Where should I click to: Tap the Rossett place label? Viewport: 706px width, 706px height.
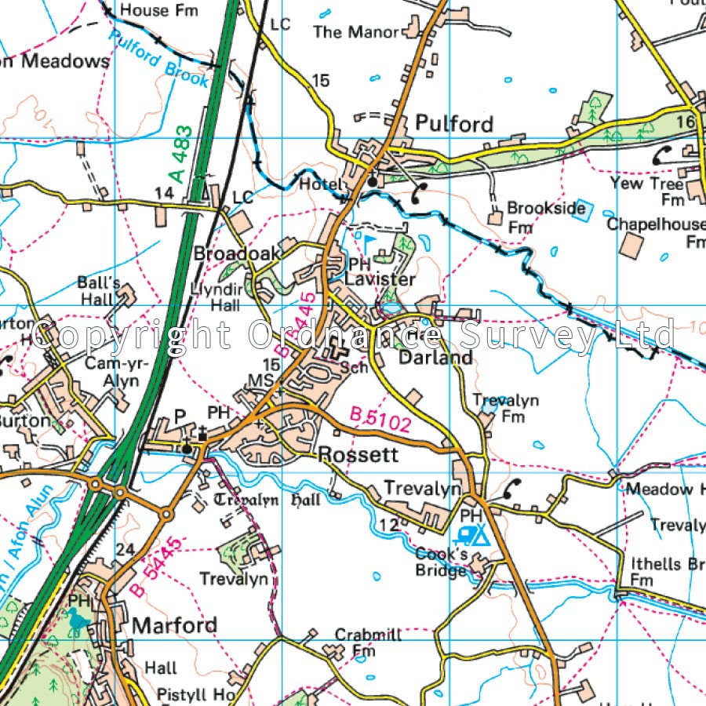coord(358,455)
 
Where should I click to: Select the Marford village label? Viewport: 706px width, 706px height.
coord(174,625)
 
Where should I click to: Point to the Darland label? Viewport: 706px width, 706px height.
coord(435,358)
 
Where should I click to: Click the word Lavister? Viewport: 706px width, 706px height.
coord(380,280)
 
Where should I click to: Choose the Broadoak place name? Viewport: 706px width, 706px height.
coord(226,254)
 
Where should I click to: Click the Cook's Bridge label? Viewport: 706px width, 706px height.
coord(441,562)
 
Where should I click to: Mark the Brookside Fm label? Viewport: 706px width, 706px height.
coord(545,217)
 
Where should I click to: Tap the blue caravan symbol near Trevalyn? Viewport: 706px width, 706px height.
coord(468,536)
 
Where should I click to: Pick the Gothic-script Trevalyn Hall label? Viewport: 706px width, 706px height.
coord(266,500)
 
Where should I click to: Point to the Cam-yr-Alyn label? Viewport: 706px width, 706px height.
coord(111,372)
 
